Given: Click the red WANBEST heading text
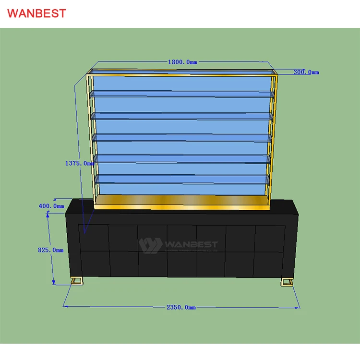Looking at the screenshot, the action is coord(36,13).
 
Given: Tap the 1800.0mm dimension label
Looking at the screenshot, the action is coord(182,62).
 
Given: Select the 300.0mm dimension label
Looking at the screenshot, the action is coord(306,72).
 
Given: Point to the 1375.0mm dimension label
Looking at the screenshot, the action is coord(79,163).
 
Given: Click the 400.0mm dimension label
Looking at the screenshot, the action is coord(51,206).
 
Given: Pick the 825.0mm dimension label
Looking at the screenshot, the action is coord(50,250).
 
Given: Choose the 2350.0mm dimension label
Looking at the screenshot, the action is coord(181,307).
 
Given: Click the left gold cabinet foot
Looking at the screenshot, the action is coord(77,281).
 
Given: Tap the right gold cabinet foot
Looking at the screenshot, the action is coord(287,281).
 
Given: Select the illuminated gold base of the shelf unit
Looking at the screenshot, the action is coord(181,201).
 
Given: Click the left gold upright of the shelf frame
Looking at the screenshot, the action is coord(89,139).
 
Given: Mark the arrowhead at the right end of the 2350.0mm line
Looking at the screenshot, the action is coord(299,307).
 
